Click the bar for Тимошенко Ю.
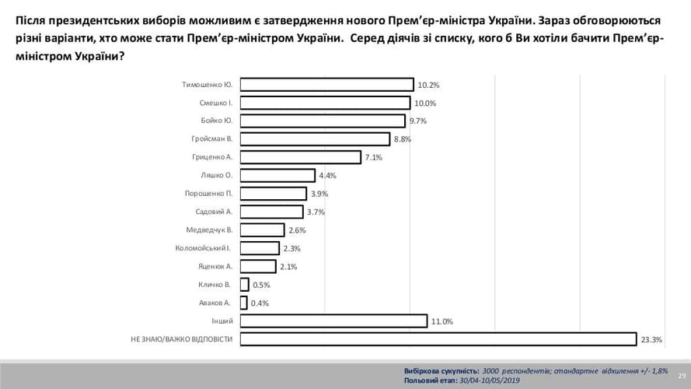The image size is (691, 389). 326,85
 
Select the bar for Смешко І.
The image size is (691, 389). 325,103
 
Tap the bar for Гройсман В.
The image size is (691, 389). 314,139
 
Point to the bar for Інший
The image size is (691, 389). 333,321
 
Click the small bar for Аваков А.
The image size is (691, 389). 243,303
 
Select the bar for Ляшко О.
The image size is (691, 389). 277,175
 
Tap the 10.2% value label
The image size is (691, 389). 428,86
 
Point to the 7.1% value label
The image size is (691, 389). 373,158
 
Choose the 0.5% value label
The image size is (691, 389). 261,285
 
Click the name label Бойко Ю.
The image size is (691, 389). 217,121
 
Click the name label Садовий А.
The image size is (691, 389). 215,212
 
